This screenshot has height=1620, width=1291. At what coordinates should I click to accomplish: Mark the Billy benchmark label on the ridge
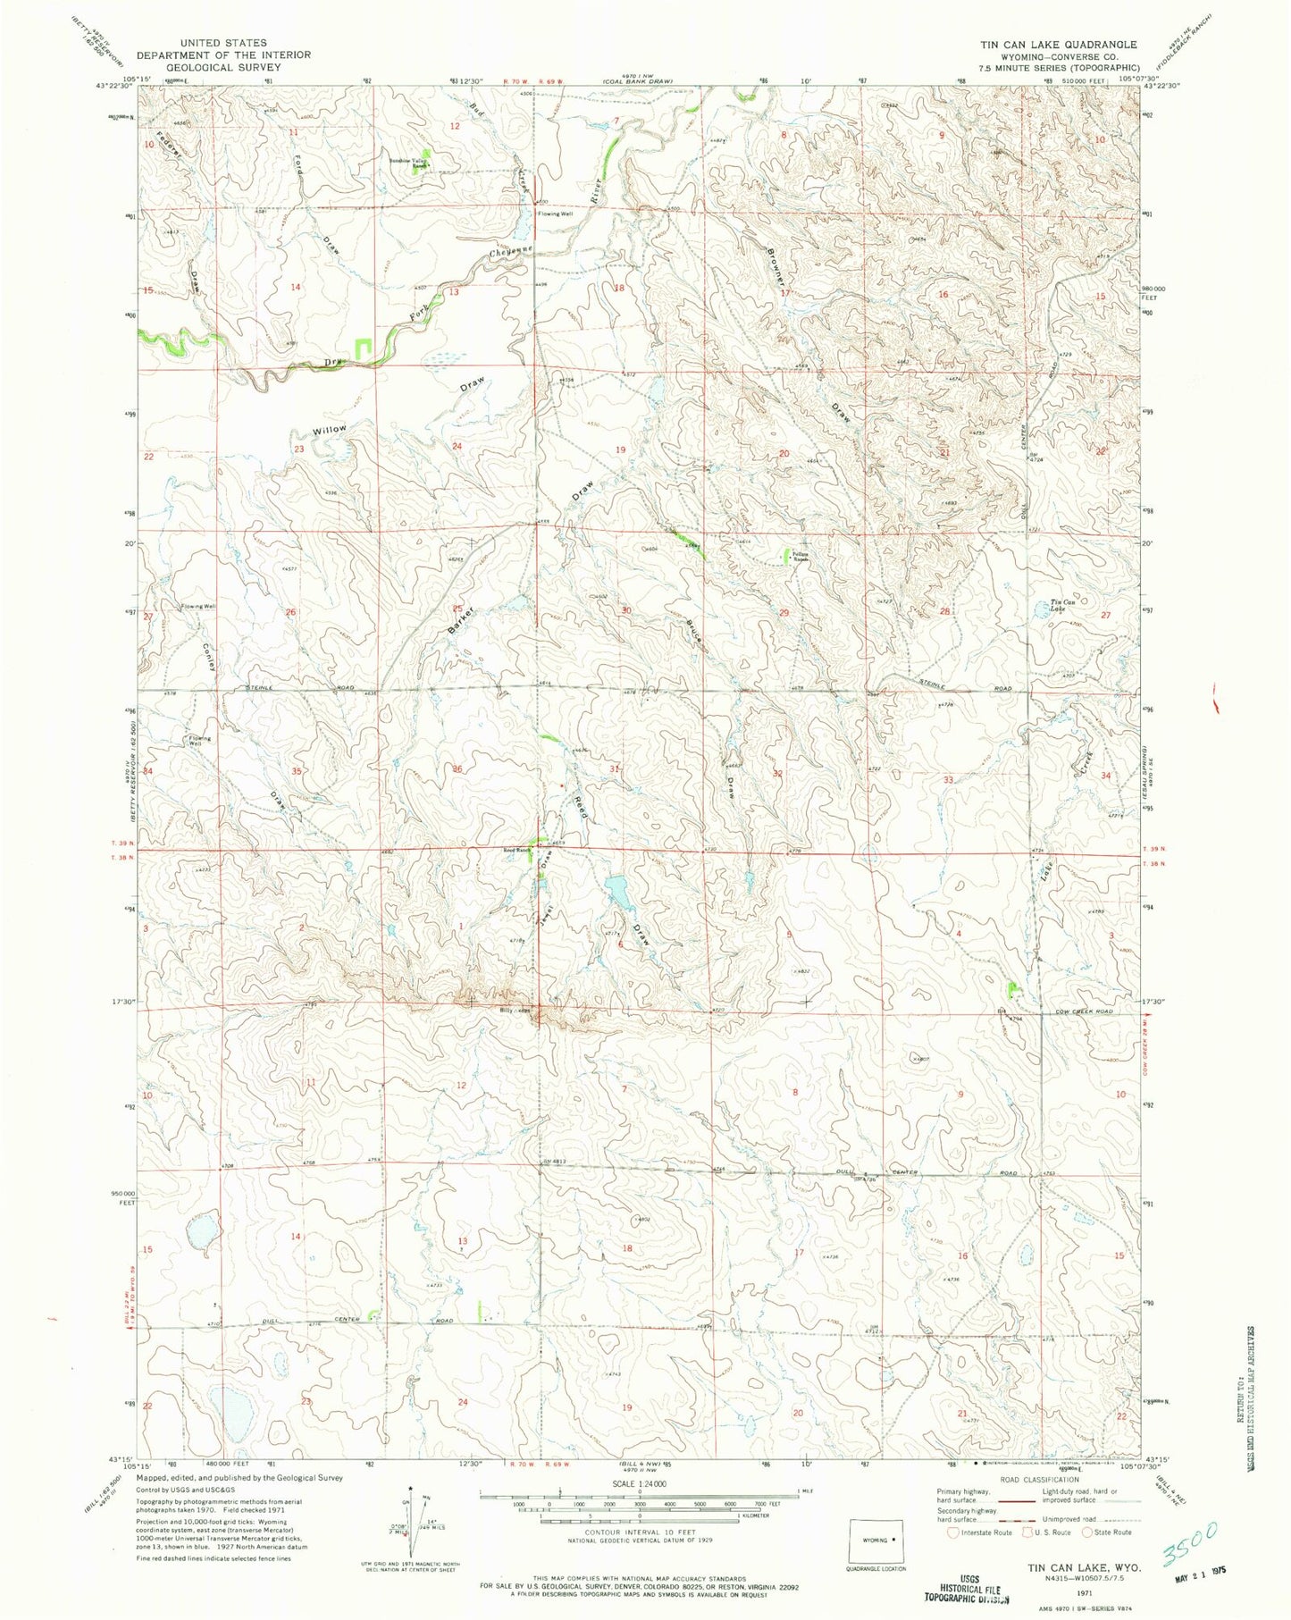(x=507, y=1011)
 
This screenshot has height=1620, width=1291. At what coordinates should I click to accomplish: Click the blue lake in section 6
(x=616, y=890)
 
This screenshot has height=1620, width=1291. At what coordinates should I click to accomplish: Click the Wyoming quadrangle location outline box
(x=876, y=1540)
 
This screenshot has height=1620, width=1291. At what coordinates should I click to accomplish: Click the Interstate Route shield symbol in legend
(x=955, y=1532)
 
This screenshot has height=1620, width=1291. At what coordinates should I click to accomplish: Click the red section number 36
(x=457, y=768)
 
